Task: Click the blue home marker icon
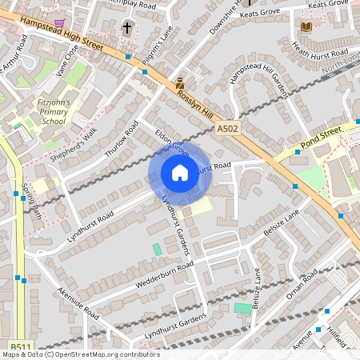point(179,173)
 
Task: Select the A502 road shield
point(227,128)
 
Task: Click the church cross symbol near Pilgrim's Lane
point(126,28)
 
